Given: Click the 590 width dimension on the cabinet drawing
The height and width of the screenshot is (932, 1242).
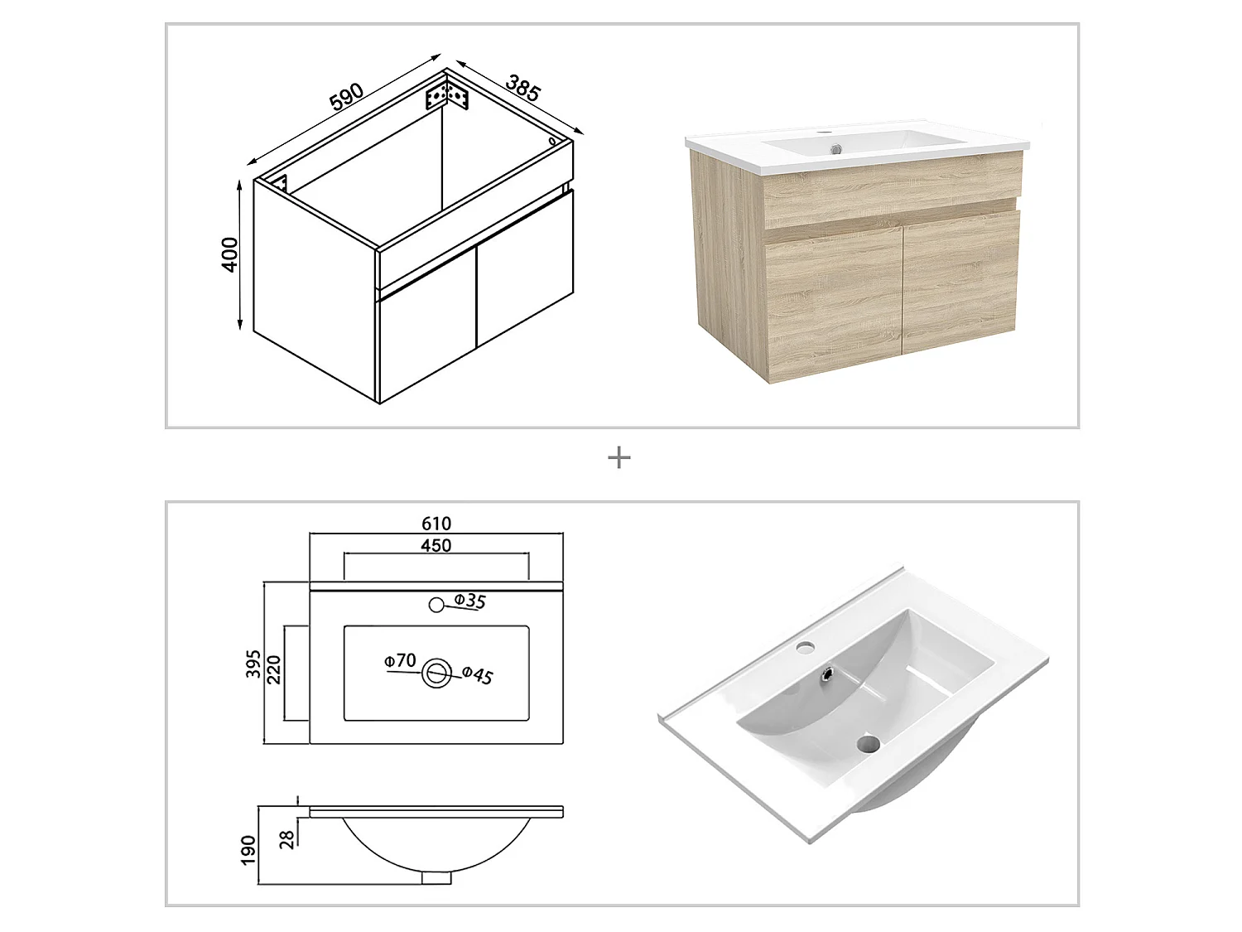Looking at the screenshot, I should pos(347,96).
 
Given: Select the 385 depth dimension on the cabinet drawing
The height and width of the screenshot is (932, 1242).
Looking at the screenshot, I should pos(522,88).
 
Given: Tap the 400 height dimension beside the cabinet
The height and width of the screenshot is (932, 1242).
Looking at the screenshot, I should pos(229,254).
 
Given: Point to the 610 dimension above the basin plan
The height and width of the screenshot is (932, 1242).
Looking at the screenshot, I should pos(436,524).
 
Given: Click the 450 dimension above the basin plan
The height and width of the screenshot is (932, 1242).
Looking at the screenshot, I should pos(436,545).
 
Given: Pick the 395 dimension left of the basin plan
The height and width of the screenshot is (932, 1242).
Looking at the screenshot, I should pos(253,664).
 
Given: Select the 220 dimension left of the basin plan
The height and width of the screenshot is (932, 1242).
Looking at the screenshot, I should pos(274,669).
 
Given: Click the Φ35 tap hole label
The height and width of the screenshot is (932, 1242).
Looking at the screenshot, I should pos(469,601).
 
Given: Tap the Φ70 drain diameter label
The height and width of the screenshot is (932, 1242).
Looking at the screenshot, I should pos(400,660).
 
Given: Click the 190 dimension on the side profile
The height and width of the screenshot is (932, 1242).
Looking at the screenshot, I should pos(248,850).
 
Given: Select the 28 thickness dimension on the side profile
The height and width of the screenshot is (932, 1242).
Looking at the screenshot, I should pos(287,838).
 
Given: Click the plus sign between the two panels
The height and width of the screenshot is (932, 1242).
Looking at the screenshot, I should pos(619,458).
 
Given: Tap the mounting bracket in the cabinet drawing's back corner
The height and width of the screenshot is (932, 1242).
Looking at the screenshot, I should pos(447,95).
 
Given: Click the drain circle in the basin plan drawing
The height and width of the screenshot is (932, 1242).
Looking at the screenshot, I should pos(436,674).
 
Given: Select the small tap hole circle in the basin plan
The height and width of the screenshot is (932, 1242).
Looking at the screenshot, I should pos(436,605).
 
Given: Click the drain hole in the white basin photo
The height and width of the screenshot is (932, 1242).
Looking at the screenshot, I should pos(867,743).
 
